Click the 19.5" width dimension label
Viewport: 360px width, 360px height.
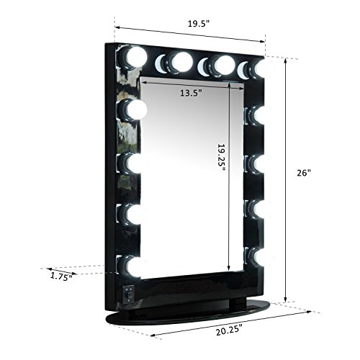(x=199, y=24)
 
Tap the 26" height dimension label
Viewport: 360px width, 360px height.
(x=304, y=173)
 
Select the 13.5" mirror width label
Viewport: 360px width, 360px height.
(x=191, y=93)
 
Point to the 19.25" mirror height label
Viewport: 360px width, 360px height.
(x=221, y=158)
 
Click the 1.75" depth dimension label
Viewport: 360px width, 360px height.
(x=61, y=276)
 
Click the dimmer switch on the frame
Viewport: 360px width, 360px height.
(x=129, y=294)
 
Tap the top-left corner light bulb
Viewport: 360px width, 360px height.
(x=132, y=58)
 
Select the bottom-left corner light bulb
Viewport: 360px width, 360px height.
(x=132, y=266)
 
